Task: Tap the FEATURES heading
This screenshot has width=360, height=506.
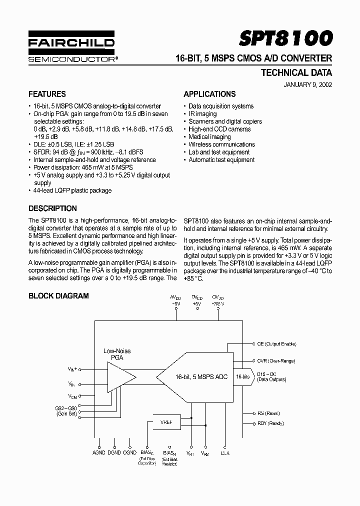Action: (47, 94)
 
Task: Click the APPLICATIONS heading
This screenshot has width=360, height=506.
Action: (209, 94)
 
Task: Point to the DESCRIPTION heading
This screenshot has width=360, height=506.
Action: (52, 208)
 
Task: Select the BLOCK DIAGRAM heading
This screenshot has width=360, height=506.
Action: (58, 295)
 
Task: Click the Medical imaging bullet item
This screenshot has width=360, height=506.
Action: (209, 136)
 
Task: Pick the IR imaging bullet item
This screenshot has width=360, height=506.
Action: (202, 113)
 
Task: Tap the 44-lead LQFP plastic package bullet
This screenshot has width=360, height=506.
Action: (72, 190)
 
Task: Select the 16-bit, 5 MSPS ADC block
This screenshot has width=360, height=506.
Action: (197, 376)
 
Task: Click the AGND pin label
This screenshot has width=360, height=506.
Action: (99, 453)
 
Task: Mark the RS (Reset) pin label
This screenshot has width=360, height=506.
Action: (269, 413)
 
